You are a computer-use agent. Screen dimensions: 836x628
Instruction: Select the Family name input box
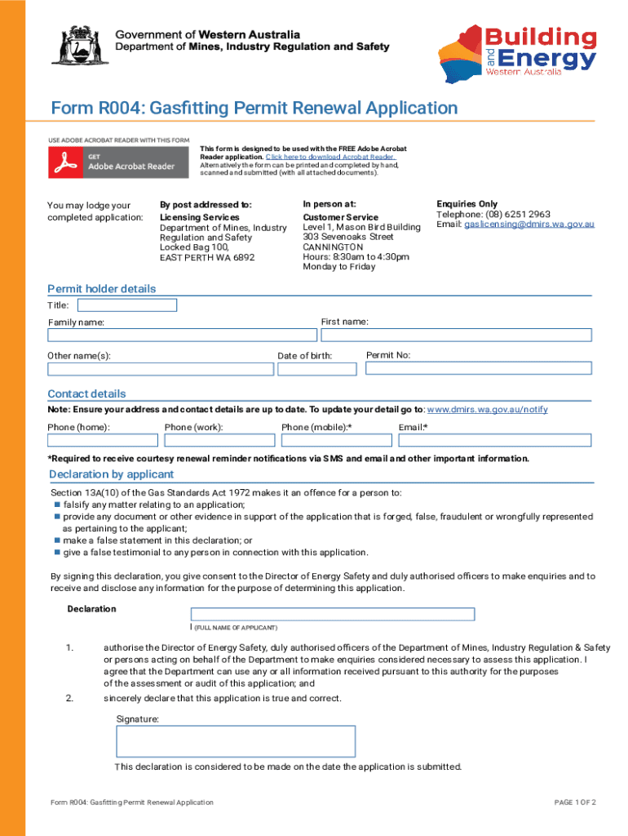click(x=182, y=335)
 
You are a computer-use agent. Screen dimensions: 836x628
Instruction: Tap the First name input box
click(x=456, y=335)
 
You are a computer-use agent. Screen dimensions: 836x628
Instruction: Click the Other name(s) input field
click(x=161, y=369)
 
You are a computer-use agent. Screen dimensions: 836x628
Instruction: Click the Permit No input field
click(x=478, y=368)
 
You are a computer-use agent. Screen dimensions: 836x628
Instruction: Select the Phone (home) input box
click(x=103, y=440)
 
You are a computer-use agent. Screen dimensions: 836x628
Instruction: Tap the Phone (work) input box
click(x=219, y=440)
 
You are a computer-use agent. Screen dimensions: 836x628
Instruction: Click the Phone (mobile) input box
click(x=337, y=440)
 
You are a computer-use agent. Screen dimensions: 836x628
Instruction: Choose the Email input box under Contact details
click(x=495, y=440)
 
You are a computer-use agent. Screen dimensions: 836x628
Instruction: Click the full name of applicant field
click(x=333, y=615)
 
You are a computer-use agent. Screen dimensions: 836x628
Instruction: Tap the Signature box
click(x=236, y=741)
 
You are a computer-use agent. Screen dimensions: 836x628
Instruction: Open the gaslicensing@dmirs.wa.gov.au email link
click(x=529, y=225)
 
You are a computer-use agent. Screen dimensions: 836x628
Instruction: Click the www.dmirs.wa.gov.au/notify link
click(x=487, y=410)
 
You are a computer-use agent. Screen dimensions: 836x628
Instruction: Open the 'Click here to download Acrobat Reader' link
click(x=330, y=157)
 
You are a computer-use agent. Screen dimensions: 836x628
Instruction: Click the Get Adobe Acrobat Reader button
click(x=114, y=165)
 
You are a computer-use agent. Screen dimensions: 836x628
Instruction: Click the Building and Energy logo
click(x=519, y=51)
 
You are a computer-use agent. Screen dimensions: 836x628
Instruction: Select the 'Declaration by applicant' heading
click(x=111, y=474)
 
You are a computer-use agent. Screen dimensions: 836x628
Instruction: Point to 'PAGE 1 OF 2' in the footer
click(x=574, y=803)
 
